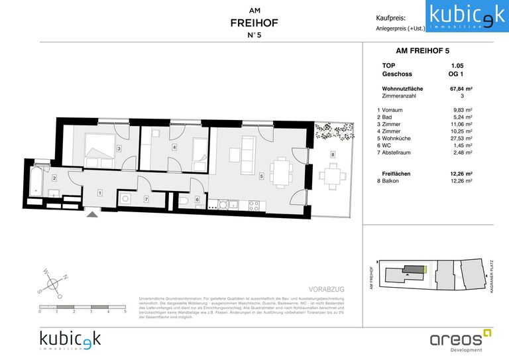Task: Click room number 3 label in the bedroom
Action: click(119, 149)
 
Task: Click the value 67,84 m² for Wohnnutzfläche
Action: click(461, 88)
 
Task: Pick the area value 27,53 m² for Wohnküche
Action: click(461, 138)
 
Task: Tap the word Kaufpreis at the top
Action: click(390, 18)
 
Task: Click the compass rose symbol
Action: click(52, 283)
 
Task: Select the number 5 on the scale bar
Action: click(125, 311)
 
